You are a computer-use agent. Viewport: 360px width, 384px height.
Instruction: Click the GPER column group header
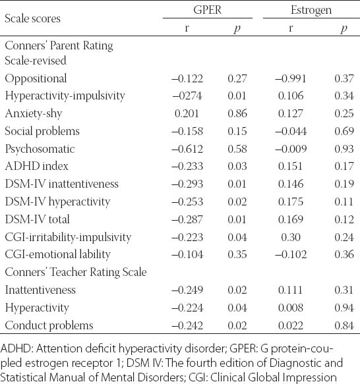point(208,10)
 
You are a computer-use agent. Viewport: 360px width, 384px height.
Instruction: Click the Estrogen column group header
point(311,11)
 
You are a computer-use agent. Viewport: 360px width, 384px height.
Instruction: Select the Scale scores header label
point(32,18)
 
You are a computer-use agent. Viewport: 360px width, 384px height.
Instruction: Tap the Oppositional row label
point(36,78)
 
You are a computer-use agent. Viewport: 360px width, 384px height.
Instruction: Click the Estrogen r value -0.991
point(291,78)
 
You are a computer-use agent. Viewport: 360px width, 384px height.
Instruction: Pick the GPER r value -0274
point(187,96)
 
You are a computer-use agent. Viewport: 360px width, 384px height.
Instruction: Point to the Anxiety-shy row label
point(34,114)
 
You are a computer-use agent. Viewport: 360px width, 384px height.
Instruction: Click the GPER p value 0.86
point(237,113)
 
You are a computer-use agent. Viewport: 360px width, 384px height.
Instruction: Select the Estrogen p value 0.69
point(344,131)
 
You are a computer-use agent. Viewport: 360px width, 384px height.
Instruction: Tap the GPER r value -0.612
point(187,149)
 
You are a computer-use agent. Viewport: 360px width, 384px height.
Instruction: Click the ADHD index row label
point(36,166)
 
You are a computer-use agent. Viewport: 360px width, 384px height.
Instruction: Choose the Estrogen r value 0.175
point(291,202)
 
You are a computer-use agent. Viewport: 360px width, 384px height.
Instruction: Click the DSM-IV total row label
point(38,219)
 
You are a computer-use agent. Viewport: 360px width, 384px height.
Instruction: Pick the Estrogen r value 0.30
point(291,237)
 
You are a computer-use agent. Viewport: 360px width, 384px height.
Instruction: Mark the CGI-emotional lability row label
point(57,254)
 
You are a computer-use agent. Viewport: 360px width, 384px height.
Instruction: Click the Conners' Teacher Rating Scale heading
point(76,272)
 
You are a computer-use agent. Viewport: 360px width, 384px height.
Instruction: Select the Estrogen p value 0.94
point(344,308)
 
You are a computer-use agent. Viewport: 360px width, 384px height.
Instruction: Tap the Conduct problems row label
point(49,325)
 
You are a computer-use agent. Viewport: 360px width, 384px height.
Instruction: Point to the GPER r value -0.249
point(187,290)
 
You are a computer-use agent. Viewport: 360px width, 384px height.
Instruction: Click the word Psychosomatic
point(40,149)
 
